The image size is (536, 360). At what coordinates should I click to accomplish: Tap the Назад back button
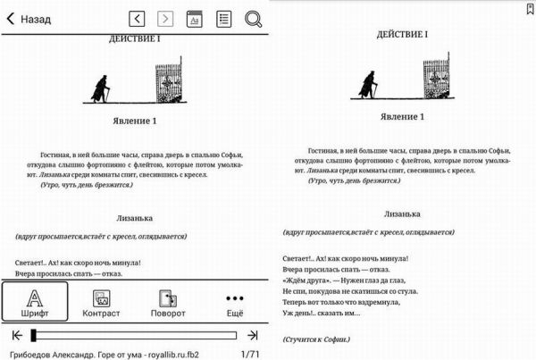[29, 19]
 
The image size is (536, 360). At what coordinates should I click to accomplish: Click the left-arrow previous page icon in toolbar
[137, 19]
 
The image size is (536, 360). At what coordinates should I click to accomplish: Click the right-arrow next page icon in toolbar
[165, 19]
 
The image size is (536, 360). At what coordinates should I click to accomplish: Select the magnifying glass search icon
[253, 19]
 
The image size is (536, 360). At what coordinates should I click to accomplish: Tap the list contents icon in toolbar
[223, 19]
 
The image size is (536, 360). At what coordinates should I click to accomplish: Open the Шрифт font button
[34, 302]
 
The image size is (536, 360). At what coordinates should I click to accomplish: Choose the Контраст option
[100, 302]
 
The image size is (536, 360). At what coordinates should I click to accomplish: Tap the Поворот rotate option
[168, 302]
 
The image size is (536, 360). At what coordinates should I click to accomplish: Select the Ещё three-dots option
[235, 302]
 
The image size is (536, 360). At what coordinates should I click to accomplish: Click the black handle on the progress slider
[33, 336]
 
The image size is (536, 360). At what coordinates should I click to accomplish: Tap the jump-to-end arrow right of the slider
[253, 336]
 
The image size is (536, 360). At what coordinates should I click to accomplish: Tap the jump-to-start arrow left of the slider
[15, 336]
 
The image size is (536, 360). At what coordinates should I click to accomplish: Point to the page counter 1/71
[250, 355]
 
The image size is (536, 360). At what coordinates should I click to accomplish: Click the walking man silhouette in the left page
[102, 86]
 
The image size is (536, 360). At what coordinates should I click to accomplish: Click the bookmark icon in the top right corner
[530, 7]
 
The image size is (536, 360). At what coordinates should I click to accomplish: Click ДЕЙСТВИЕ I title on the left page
[134, 40]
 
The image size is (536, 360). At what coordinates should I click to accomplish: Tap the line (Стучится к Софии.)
[316, 339]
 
